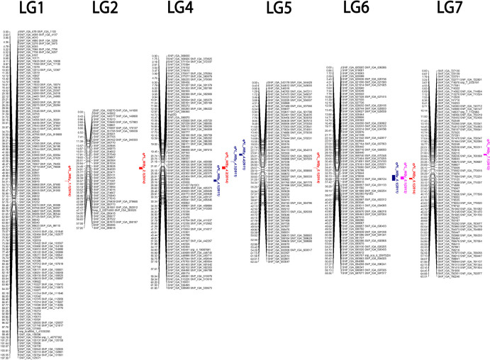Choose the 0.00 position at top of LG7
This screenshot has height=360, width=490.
coord(424,72)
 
